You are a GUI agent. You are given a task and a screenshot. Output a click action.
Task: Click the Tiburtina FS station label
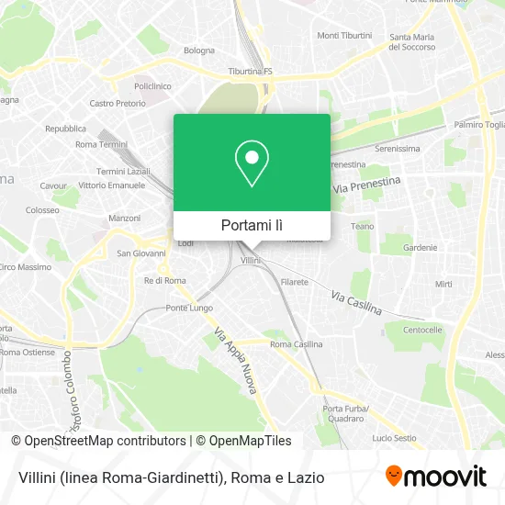coord(251,71)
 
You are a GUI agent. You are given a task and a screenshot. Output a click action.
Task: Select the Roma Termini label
coord(101,144)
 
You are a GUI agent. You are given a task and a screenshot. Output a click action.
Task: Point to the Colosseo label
coord(42,209)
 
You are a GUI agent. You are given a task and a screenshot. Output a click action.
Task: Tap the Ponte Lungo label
coord(189,308)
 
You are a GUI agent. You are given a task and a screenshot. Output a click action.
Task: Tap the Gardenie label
coord(420,247)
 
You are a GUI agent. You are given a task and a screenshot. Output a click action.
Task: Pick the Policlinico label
coord(153,85)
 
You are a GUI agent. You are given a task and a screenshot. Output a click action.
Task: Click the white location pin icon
coord(252,163)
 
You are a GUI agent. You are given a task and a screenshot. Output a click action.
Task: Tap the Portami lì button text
coord(252,225)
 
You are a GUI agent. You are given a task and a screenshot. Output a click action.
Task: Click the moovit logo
coord(435,476)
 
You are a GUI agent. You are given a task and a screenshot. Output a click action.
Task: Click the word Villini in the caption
coord(37,477)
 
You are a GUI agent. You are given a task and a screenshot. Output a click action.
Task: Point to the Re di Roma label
coord(165,280)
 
